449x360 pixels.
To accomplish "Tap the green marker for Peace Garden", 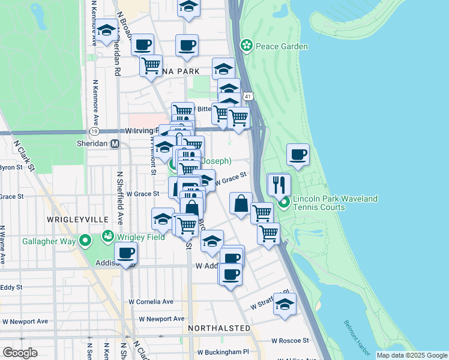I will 246,45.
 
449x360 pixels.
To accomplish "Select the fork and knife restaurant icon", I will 279,184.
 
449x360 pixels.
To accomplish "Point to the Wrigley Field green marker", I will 109,235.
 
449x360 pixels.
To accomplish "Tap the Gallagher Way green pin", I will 85,241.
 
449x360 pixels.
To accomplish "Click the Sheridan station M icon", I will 115,144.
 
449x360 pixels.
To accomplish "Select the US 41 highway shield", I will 248,95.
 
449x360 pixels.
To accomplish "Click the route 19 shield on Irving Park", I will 94,131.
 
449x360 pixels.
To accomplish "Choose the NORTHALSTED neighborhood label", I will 218,328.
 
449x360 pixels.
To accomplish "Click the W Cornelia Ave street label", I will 151,302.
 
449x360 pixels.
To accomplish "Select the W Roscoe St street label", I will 289,340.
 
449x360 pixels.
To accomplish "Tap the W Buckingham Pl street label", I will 223,352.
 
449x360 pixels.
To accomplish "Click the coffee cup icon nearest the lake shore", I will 298,155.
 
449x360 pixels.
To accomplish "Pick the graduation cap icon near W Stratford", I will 285,303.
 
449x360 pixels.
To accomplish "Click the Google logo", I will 20,353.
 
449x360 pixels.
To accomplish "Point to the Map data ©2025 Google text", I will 411,355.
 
